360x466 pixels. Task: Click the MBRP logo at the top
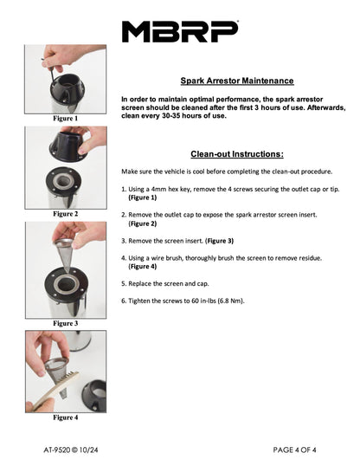coord(180,31)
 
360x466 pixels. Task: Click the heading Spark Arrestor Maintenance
coord(237,81)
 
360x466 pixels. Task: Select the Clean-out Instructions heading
coord(237,154)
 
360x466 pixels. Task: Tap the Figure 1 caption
coord(66,119)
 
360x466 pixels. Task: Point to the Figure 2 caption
coord(66,214)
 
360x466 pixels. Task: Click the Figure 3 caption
coord(66,323)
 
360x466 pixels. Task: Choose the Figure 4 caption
coord(66,417)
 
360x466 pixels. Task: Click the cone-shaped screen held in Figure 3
coord(65,254)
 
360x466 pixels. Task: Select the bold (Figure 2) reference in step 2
coord(143,223)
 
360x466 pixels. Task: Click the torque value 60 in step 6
coord(196,301)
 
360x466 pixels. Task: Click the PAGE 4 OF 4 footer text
coord(294,450)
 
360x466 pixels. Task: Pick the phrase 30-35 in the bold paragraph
coord(170,115)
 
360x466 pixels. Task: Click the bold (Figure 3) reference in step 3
coord(220,241)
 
